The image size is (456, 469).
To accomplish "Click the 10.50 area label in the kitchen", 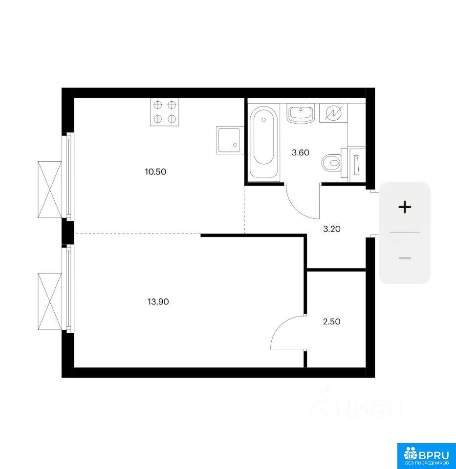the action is (155, 171).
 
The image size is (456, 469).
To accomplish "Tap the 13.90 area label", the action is (158, 301).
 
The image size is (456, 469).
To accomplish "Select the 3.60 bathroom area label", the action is (301, 152).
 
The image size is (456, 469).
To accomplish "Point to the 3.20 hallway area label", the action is (332, 229).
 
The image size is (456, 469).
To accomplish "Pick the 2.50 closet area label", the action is (331, 321).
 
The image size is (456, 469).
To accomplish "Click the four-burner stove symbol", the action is (165, 112).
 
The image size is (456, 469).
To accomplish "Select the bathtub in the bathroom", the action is (263, 142).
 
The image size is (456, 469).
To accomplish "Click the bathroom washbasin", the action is (301, 113).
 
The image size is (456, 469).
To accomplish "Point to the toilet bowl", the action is (332, 163).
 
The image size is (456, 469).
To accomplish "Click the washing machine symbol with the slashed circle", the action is (333, 113).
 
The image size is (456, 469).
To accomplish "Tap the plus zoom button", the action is (405, 207).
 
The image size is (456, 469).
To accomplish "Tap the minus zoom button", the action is (405, 258).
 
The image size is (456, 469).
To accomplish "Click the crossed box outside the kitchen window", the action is (50, 190).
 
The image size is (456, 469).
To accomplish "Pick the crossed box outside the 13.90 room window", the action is (50, 301).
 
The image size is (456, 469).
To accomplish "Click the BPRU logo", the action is (426, 456).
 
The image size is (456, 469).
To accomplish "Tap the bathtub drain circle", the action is (263, 120).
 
